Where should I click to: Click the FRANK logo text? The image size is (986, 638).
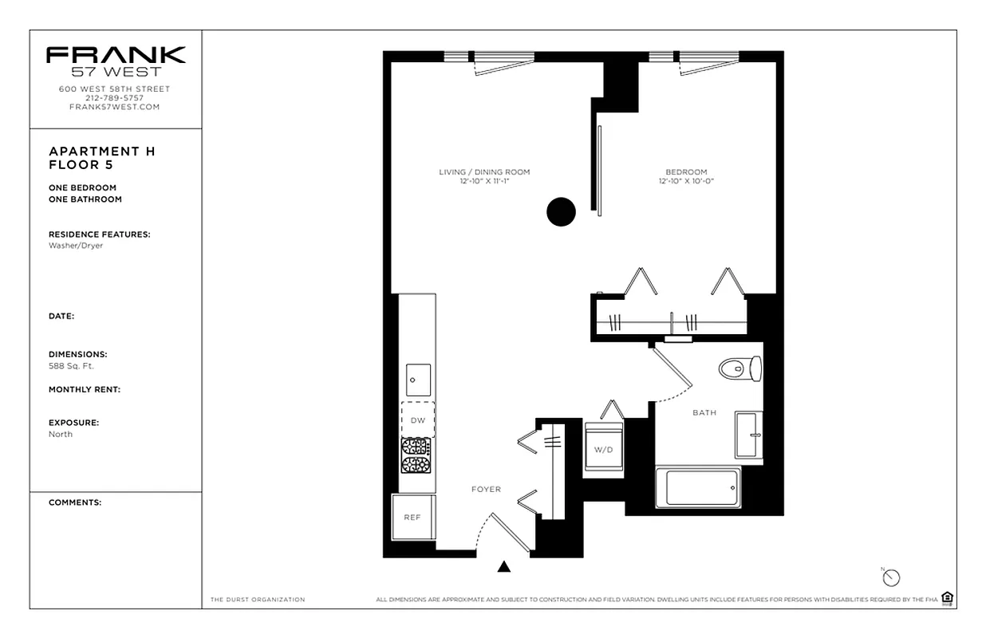(115, 55)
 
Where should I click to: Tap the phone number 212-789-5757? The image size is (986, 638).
(115, 98)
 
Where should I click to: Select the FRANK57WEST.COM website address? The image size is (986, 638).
(115, 107)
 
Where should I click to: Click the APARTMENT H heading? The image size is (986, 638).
(101, 152)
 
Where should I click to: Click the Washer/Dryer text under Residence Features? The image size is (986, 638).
(75, 246)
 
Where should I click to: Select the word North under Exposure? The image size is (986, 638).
(60, 434)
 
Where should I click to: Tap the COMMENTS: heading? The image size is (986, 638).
(74, 502)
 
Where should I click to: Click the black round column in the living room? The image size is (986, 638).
(561, 211)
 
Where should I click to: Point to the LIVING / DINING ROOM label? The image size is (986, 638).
(484, 172)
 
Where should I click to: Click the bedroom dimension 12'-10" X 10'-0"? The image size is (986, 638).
(686, 182)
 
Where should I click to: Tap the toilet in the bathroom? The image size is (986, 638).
(740, 368)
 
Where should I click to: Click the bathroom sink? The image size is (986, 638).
(748, 435)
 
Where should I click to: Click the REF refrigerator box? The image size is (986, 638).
(412, 517)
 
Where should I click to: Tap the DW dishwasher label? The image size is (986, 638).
(417, 419)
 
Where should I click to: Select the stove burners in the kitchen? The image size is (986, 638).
(416, 455)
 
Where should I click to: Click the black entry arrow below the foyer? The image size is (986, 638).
(503, 567)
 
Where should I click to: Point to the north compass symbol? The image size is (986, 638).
(891, 577)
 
